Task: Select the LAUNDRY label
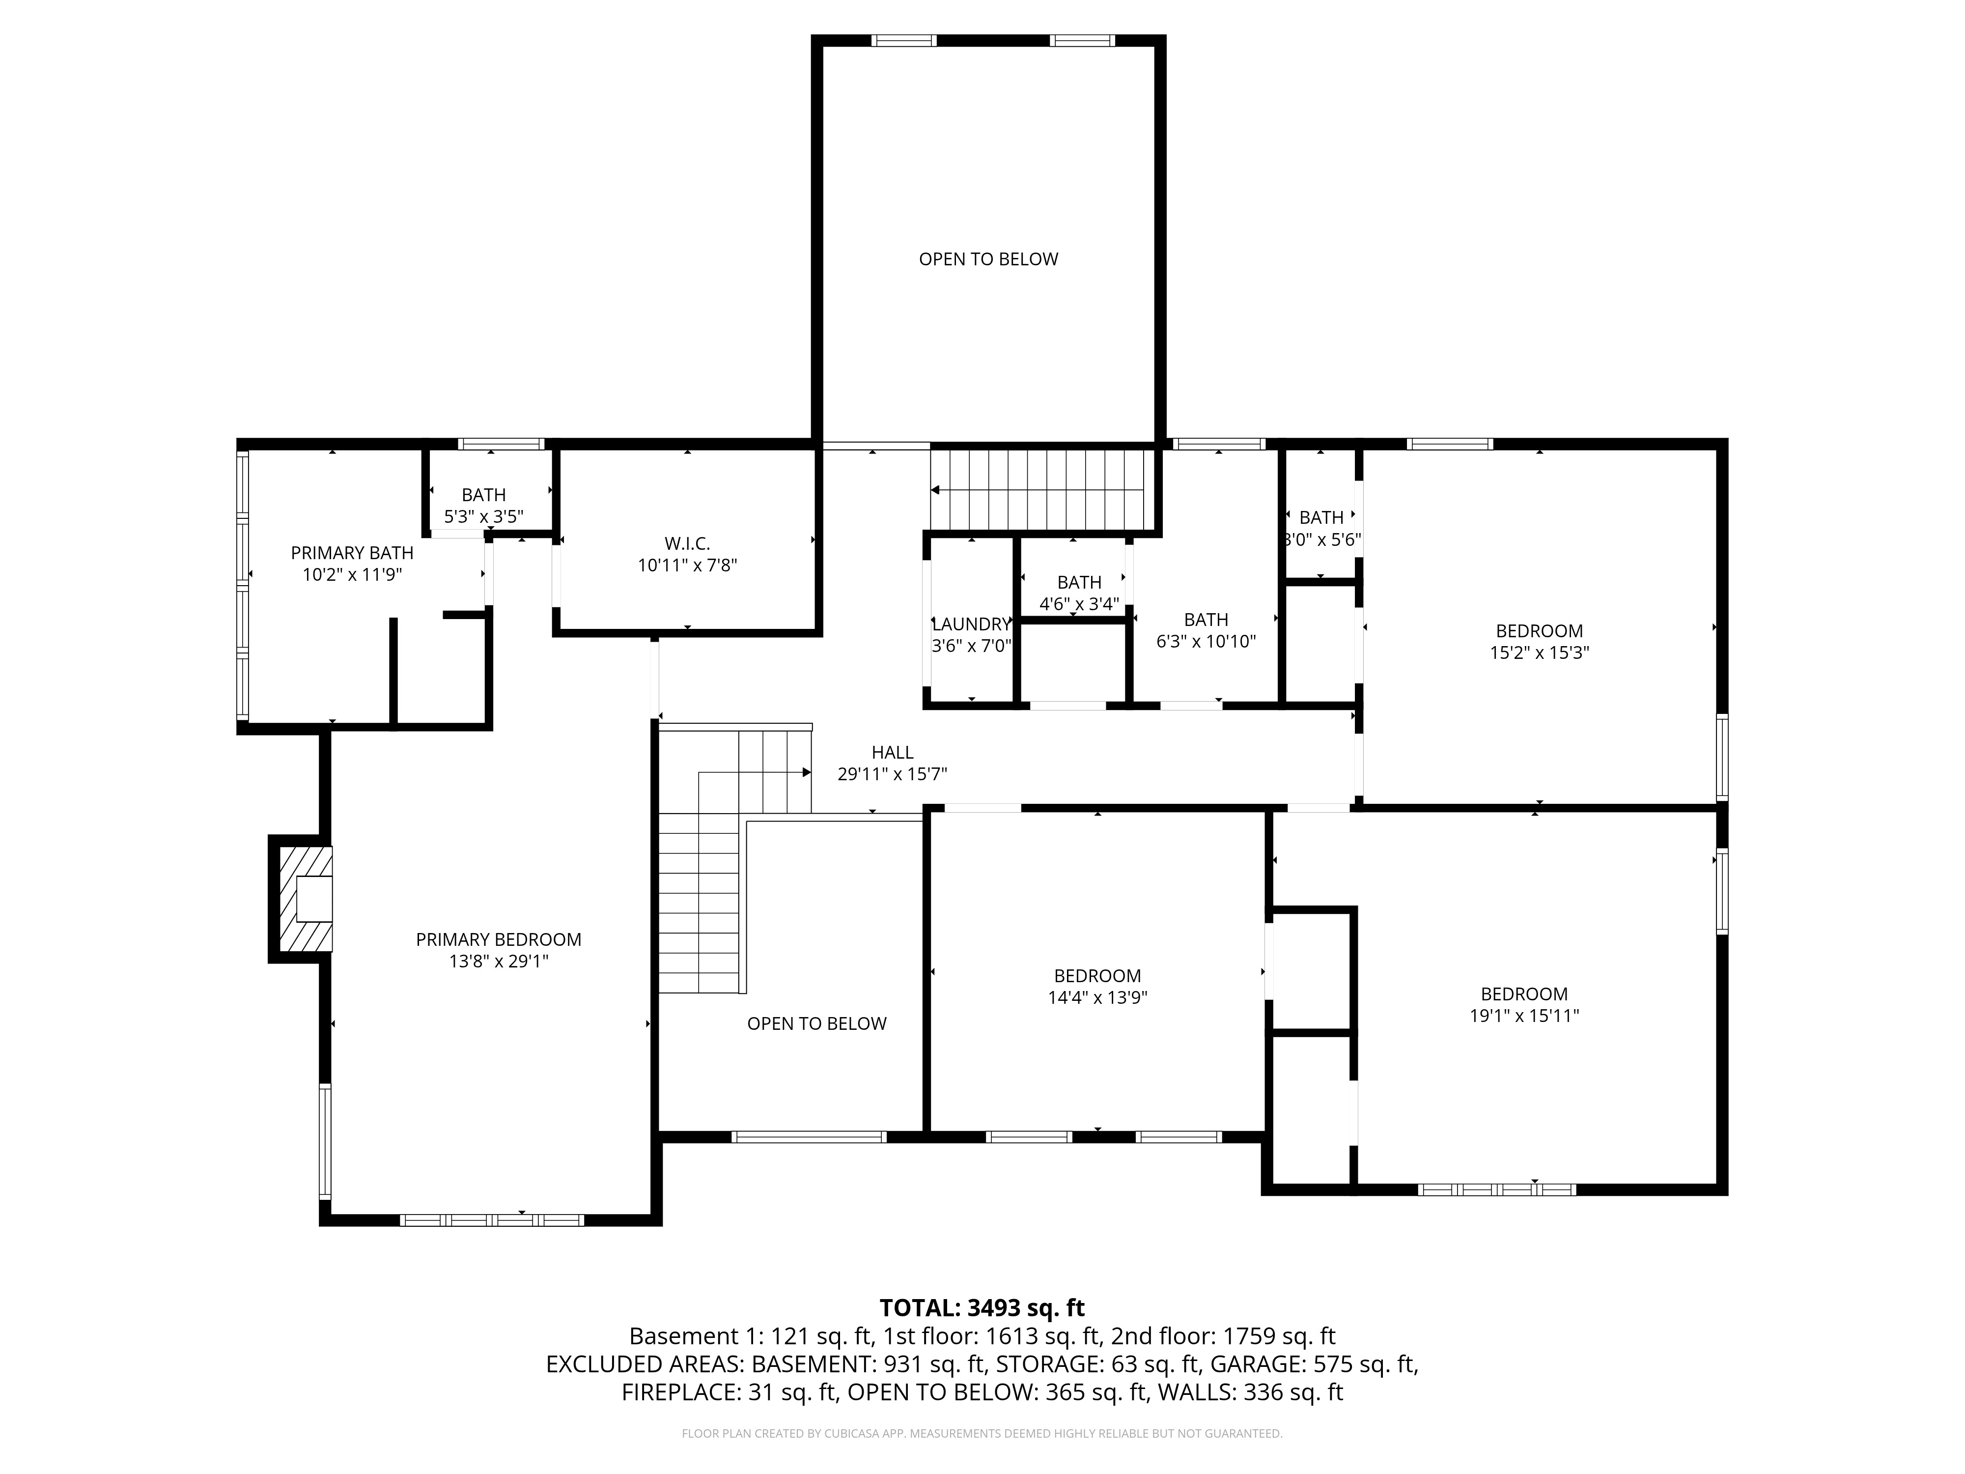click(971, 624)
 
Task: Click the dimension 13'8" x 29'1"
click(498, 962)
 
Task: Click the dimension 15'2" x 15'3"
click(1539, 652)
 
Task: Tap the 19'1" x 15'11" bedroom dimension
click(1523, 1016)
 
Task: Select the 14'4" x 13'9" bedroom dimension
click(1097, 997)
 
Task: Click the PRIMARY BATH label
click(352, 553)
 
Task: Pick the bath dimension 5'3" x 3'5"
click(483, 516)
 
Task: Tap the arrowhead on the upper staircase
click(935, 489)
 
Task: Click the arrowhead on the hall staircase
click(807, 772)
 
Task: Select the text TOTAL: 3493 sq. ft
click(982, 1308)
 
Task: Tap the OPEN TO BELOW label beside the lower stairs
click(816, 1023)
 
